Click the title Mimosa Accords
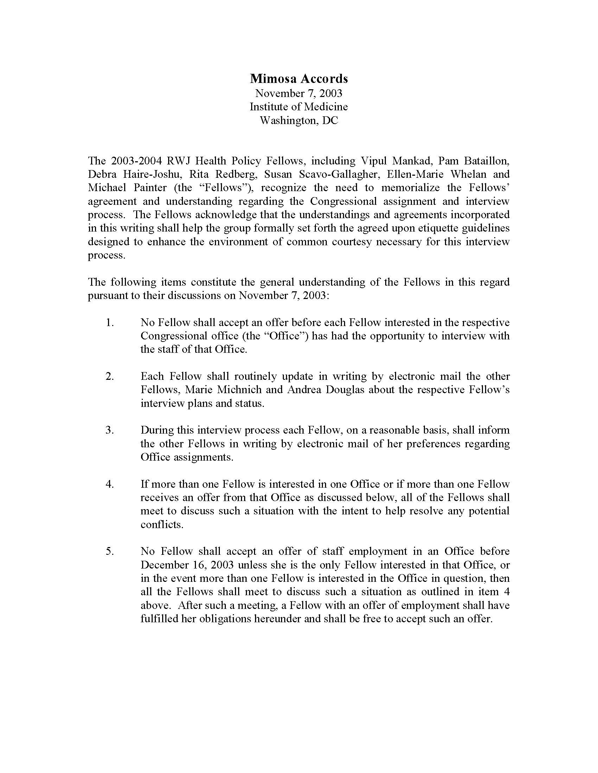point(299,78)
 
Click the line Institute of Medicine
point(299,107)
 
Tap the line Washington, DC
point(299,121)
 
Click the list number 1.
point(109,323)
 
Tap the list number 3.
point(109,430)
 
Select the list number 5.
point(109,551)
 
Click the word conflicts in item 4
point(162,525)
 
